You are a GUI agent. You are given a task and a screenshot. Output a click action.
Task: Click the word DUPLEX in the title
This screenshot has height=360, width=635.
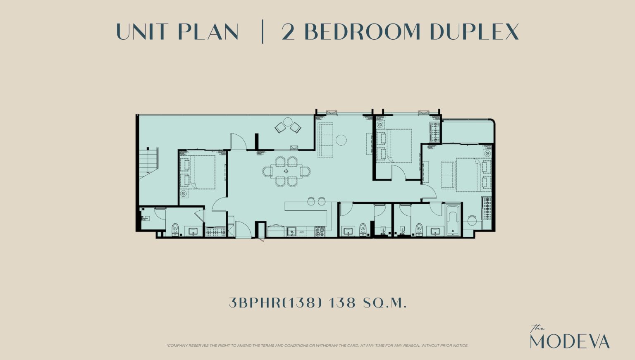tap(474, 31)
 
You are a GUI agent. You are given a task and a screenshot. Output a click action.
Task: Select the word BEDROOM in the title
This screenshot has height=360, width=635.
tap(362, 31)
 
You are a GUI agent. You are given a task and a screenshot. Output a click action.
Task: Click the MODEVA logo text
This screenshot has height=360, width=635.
tap(570, 341)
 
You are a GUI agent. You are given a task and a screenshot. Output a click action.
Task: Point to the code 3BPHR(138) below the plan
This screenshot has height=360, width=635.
tap(275, 303)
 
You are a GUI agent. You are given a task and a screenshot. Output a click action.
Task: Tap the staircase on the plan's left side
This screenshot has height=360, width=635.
tap(148, 163)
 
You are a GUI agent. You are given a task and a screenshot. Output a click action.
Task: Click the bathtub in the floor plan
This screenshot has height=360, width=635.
tap(454, 220)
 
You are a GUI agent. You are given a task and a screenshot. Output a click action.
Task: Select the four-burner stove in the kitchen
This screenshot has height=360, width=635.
tap(320, 231)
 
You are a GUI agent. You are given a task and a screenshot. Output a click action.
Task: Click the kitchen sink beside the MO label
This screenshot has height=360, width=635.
tap(292, 231)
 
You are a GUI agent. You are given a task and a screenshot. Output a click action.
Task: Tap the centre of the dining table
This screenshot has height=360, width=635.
tap(286, 171)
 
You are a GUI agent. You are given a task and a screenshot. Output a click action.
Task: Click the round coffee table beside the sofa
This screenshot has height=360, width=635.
tap(341, 140)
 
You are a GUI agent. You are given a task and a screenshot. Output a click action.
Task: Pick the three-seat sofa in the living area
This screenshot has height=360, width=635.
tap(325, 140)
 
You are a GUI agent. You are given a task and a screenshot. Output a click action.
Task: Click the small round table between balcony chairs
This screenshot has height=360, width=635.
tap(288, 122)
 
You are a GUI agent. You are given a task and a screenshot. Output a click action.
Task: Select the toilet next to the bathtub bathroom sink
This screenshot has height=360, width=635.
tap(419, 229)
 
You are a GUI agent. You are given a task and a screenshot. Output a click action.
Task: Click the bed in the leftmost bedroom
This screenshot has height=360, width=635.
tap(202, 172)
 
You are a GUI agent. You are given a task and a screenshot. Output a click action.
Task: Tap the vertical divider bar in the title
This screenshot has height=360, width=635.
tap(263, 31)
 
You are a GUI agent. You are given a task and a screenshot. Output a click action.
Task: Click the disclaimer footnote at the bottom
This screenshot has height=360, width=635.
tap(317, 346)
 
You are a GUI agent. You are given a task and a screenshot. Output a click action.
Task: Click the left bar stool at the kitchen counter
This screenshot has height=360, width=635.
tap(311, 201)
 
